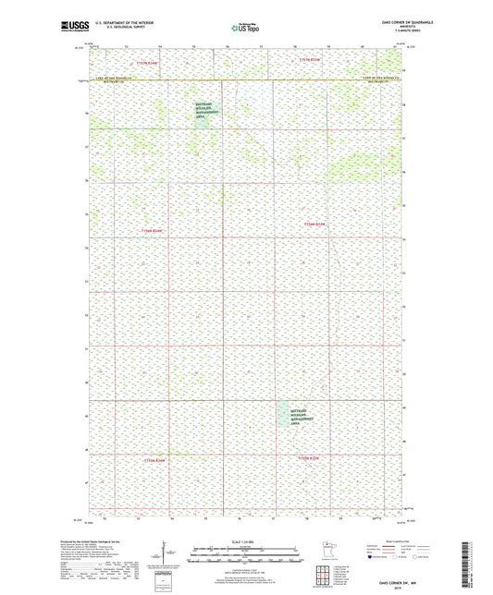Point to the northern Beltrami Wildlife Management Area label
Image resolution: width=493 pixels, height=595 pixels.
tap(204, 110)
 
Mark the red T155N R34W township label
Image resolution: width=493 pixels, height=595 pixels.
tap(153, 459)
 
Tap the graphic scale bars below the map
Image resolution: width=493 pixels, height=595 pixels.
tap(246, 555)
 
